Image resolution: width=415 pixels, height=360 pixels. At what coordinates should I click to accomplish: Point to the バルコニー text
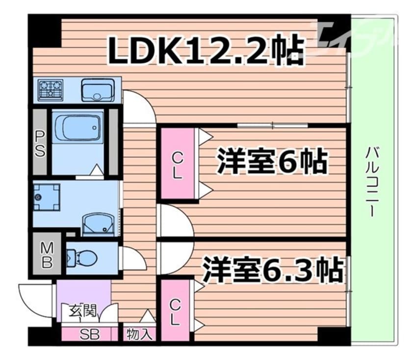coord(371,182)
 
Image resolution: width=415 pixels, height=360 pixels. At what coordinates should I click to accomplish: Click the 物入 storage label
coord(139,334)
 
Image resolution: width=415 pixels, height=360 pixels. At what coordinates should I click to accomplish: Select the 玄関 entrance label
coord(83,311)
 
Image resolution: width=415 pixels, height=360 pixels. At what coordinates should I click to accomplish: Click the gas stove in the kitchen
coord(51,90)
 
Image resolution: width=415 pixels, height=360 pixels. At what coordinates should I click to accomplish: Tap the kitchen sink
coord(98,90)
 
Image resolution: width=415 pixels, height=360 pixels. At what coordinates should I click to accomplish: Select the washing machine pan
coord(46,197)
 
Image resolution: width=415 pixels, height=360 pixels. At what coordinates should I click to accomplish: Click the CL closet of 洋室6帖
coord(177,165)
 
